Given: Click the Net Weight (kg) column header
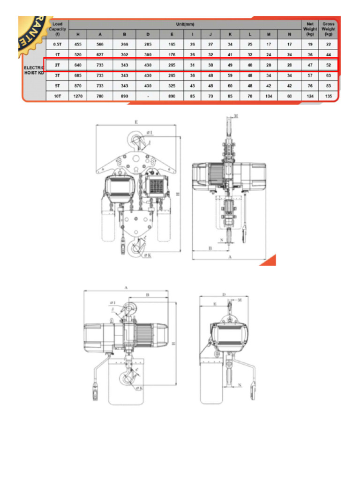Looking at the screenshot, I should [x=310, y=29].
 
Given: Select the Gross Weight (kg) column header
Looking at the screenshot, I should [x=329, y=29].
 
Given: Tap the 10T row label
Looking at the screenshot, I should [x=57, y=96].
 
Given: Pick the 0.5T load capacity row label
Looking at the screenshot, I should [x=57, y=44].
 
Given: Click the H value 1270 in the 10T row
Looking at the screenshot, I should [x=78, y=96].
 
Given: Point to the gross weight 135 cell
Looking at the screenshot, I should [x=329, y=96].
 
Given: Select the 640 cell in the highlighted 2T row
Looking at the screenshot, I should [x=78, y=64].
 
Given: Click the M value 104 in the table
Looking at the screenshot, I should [x=269, y=96].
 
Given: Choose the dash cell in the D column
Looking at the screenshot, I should [x=148, y=96].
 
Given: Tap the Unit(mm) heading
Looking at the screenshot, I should [x=186, y=23].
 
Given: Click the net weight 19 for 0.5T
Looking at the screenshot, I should [x=310, y=44].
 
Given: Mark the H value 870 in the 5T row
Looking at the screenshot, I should [x=78, y=86].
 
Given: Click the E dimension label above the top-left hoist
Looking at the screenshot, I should [x=136, y=121].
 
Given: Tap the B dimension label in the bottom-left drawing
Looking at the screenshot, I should [x=148, y=295].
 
